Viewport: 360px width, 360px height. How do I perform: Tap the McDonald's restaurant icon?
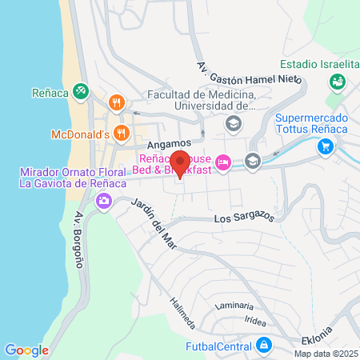click(122, 133)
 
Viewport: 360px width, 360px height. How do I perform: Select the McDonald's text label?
click(79, 134)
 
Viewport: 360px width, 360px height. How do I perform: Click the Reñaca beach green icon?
click(80, 92)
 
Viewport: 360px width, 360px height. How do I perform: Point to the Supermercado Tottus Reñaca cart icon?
click(325, 146)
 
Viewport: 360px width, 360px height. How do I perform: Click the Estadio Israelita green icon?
click(337, 81)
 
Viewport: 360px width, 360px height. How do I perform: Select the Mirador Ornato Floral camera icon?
click(103, 200)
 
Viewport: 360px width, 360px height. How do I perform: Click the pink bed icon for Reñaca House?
click(225, 162)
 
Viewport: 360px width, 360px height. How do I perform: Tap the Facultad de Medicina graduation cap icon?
click(233, 123)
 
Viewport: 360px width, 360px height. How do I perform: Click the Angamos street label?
click(167, 142)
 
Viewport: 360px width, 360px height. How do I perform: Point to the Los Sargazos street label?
click(245, 218)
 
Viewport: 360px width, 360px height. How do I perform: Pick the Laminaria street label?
click(234, 306)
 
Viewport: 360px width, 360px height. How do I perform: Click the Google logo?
click(26, 350)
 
